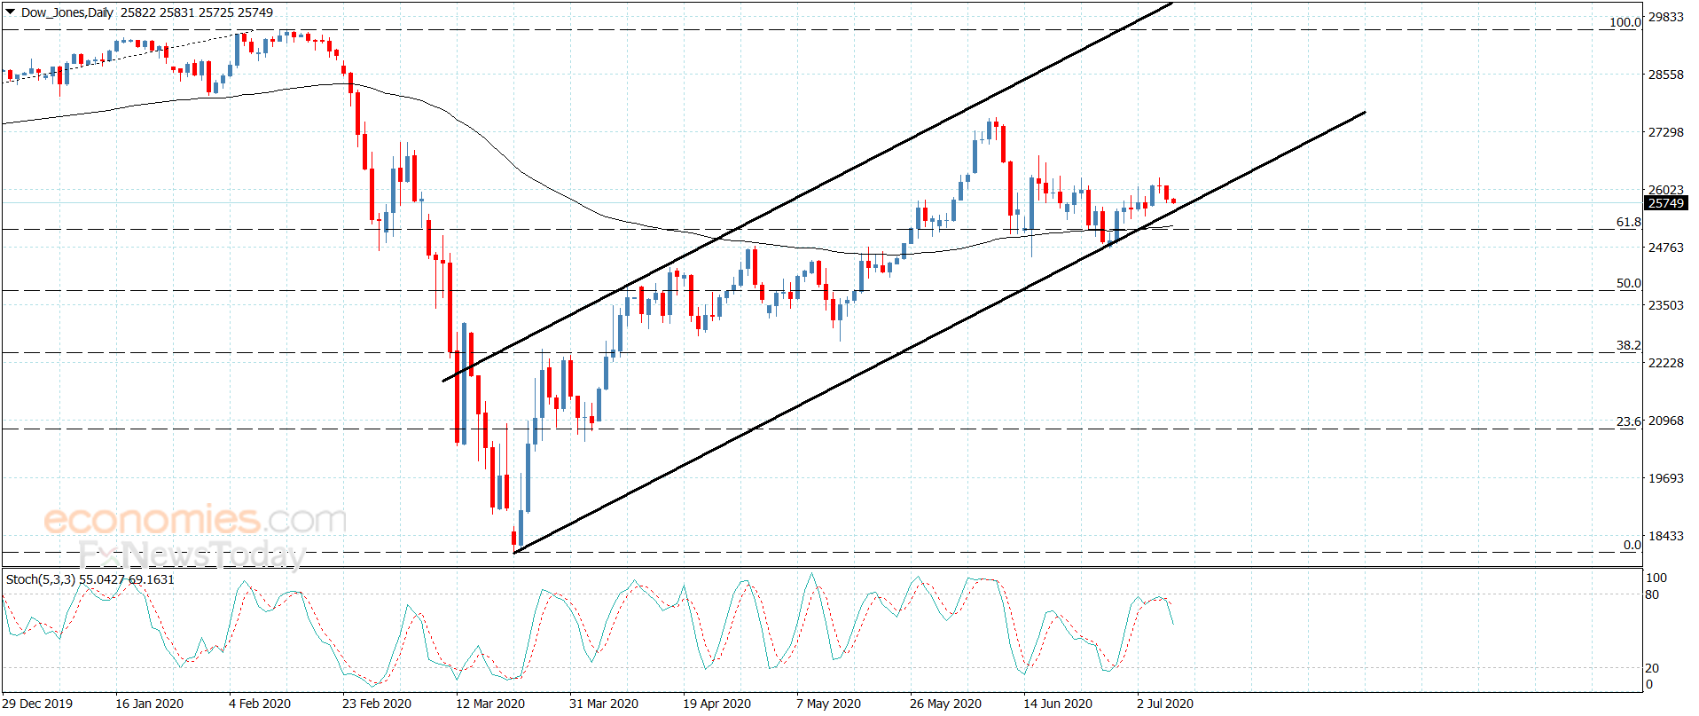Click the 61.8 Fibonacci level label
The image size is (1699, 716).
(x=1628, y=223)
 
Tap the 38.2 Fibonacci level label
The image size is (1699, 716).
(x=1628, y=346)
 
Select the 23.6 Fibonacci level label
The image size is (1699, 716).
(x=1628, y=421)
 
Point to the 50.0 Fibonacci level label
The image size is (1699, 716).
(x=1628, y=284)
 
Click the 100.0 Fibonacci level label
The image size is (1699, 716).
(x=1625, y=23)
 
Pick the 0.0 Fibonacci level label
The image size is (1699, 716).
(x=1632, y=545)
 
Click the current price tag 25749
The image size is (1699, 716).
(x=1665, y=203)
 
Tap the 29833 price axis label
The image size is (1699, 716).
(x=1665, y=17)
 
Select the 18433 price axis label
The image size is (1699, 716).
(x=1665, y=536)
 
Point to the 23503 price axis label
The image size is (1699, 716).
(x=1665, y=305)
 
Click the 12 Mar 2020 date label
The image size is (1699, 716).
(x=490, y=704)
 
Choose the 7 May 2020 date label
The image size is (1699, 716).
(x=828, y=704)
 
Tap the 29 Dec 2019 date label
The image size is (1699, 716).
(x=38, y=704)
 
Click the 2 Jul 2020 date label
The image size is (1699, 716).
(x=1165, y=704)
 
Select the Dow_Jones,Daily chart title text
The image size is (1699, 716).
(x=67, y=12)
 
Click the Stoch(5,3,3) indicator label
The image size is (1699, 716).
(x=41, y=579)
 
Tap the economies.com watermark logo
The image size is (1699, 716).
(x=195, y=520)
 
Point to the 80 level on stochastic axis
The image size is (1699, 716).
(x=1652, y=594)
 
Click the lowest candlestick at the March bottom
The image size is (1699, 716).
(x=513, y=538)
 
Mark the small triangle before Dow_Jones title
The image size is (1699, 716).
(x=11, y=12)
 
